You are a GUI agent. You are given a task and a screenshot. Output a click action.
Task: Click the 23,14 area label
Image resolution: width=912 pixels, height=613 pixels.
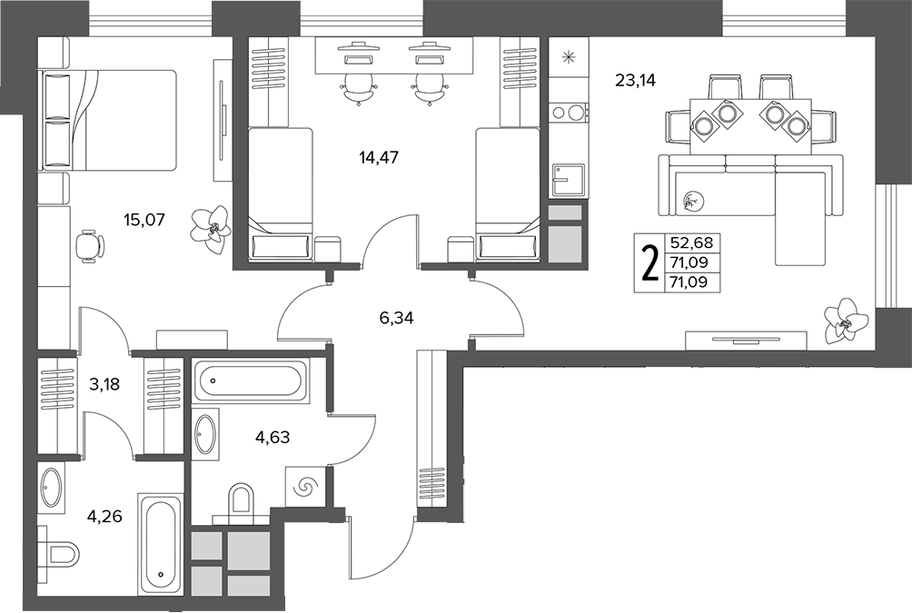coord(635,81)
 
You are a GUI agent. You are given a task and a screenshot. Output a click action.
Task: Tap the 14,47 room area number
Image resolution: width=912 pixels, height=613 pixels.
coord(379,157)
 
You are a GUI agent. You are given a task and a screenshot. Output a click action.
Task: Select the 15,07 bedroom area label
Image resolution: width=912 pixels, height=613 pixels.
coord(144,220)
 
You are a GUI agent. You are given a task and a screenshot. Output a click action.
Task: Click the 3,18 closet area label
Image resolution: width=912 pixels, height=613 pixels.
coord(105,384)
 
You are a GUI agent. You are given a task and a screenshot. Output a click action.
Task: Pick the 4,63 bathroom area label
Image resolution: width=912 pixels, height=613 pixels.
coord(273,436)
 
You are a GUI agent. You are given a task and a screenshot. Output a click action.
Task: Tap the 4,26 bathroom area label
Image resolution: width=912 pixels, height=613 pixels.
coord(105,516)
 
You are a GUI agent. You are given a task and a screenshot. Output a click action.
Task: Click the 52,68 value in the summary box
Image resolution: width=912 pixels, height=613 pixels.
coord(691,242)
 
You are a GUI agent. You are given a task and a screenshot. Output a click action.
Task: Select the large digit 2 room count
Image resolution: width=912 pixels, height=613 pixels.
coord(649,263)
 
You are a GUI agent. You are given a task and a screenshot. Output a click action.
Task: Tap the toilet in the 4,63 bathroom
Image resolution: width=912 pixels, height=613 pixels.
coord(242,500)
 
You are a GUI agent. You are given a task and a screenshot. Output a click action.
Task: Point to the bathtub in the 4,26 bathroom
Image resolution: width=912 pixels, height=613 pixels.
coord(161,544)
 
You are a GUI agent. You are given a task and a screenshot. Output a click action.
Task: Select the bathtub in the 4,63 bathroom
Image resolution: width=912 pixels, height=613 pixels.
coord(250,381)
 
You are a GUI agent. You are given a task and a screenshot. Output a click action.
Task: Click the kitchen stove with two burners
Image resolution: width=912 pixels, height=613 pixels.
coord(569,112)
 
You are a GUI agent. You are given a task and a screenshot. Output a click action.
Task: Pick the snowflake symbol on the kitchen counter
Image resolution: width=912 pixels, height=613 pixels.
coord(569,57)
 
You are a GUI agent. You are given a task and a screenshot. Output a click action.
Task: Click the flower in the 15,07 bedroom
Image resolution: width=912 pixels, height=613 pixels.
coord(212,229)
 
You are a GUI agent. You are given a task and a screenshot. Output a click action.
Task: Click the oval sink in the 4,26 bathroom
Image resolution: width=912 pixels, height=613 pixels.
coord(51,488)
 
